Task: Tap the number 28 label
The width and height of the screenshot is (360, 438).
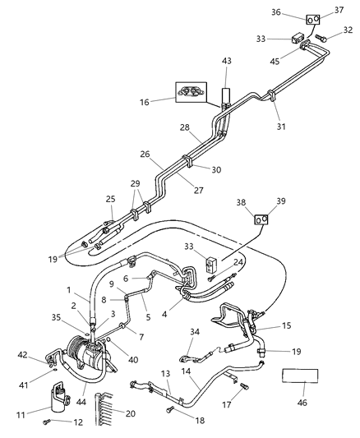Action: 184,127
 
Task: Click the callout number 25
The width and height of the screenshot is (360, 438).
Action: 111,199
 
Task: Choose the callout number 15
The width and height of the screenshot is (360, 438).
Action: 286,325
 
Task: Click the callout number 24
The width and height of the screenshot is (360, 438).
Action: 238,263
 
